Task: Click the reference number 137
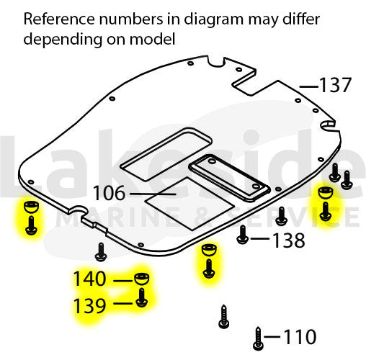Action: point(336,85)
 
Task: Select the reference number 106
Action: point(109,193)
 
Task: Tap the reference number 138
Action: point(289,240)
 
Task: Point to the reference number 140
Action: point(89,279)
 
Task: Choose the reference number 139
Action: point(89,305)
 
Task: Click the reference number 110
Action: point(300,336)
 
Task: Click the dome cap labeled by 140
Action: point(141,279)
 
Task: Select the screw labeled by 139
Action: point(142,297)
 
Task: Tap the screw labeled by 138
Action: point(243,235)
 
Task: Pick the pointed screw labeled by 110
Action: point(258,338)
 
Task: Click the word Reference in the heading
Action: point(59,19)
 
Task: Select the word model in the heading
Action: point(152,39)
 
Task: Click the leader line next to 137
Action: point(309,86)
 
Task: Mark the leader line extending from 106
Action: point(153,194)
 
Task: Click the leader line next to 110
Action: point(272,337)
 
